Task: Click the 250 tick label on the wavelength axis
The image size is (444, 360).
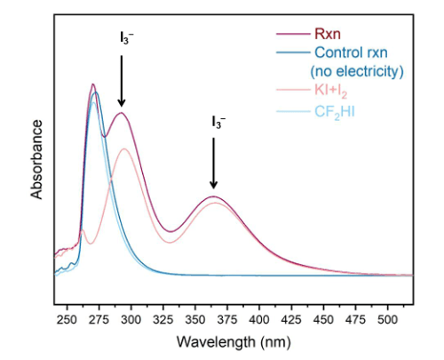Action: point(67,320)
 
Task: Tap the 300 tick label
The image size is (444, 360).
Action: point(131,320)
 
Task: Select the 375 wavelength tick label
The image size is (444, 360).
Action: point(227,320)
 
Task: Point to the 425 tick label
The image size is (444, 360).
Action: point(291,320)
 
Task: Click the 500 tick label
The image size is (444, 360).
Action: point(387,320)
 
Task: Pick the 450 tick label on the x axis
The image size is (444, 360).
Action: point(323,320)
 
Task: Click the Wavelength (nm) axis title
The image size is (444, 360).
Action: point(234,342)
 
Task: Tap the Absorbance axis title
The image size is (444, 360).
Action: point(36,159)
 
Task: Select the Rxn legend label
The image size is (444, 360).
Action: point(328,34)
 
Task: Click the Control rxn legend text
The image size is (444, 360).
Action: point(351,52)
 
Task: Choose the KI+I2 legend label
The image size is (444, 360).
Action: point(330,90)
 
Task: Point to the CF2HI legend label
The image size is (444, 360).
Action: point(335,112)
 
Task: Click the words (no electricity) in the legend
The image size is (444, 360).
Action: point(357,71)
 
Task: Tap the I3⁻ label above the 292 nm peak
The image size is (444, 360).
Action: point(127,38)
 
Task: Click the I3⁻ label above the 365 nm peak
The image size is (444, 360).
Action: point(218,122)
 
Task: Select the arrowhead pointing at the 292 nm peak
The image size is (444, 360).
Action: point(122,103)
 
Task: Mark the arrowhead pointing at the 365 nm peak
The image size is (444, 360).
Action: point(213,185)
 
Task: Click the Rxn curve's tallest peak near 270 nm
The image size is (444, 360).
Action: point(93,84)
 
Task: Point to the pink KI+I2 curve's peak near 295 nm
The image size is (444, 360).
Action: point(124,148)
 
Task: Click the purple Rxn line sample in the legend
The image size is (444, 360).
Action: point(293,34)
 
